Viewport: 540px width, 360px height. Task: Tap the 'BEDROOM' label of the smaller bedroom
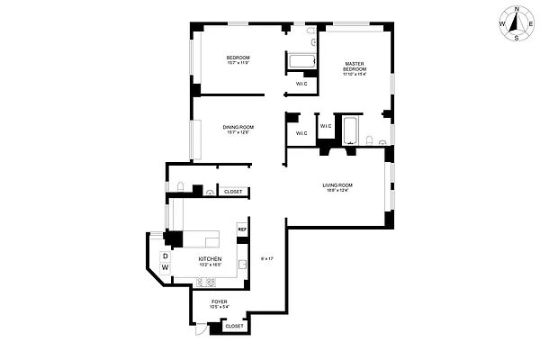pos(238,58)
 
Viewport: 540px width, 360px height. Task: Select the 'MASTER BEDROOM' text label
pos(355,66)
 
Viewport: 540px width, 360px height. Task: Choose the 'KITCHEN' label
pos(210,258)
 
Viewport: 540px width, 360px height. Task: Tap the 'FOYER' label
pos(219,301)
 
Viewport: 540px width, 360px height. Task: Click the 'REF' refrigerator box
pos(241,229)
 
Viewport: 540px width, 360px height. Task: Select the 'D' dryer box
pos(166,256)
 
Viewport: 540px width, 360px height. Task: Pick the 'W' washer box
pos(166,268)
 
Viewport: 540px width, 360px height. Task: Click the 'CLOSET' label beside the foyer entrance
pos(233,326)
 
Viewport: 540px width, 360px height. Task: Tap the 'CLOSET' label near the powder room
pos(232,192)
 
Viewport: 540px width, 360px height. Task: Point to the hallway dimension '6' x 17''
pos(266,258)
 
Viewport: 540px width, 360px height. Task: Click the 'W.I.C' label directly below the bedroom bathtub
pos(300,84)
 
